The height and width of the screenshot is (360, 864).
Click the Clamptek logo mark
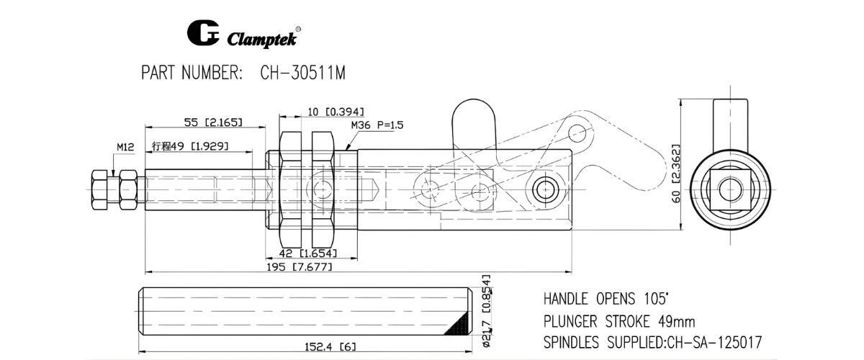202,35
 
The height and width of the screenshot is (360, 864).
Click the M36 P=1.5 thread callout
377,125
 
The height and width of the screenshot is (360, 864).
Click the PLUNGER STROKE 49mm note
618,320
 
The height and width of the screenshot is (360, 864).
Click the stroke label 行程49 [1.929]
190,146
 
